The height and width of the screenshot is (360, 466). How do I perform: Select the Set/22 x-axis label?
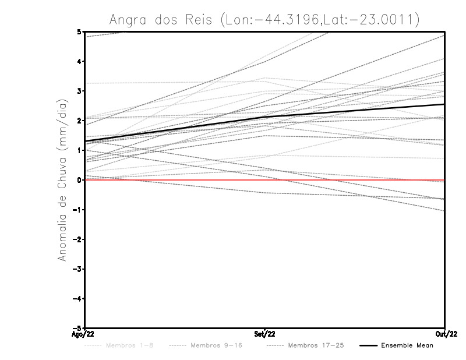click(265, 334)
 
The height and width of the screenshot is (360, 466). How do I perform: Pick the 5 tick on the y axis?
click(79, 31)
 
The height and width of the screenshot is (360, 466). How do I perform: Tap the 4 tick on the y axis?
click(79, 61)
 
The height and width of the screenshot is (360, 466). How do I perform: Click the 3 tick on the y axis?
click(79, 91)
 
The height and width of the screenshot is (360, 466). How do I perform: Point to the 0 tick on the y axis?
click(79, 180)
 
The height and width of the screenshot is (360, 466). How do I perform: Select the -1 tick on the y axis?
click(77, 210)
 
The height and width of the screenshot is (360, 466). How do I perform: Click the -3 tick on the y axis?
click(77, 269)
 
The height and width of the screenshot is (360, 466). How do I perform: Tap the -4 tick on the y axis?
click(77, 298)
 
